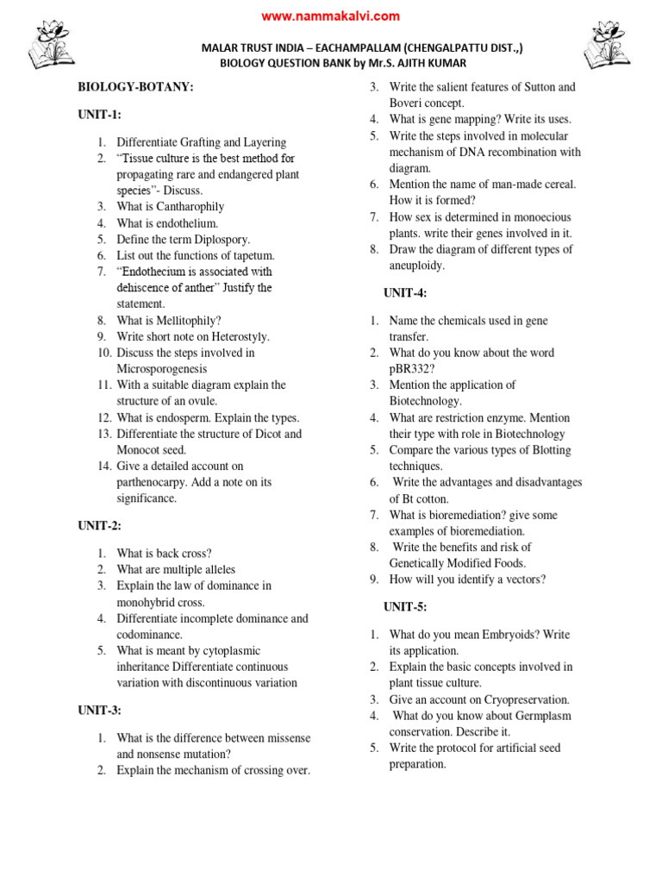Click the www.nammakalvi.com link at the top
(x=330, y=16)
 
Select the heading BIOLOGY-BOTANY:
(x=136, y=87)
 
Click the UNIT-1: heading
(x=100, y=115)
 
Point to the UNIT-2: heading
(x=100, y=525)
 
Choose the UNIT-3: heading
(x=100, y=710)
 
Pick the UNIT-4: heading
(x=405, y=293)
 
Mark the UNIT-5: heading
(x=405, y=607)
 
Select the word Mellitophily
(x=187, y=320)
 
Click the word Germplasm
(x=541, y=716)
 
